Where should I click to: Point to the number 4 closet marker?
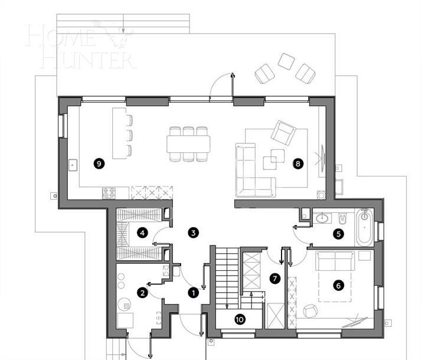142,233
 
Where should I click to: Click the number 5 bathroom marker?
338,234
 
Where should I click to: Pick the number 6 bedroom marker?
338,285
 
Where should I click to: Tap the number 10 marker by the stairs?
240,319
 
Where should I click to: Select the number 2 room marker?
142,291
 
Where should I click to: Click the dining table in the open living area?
188,143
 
